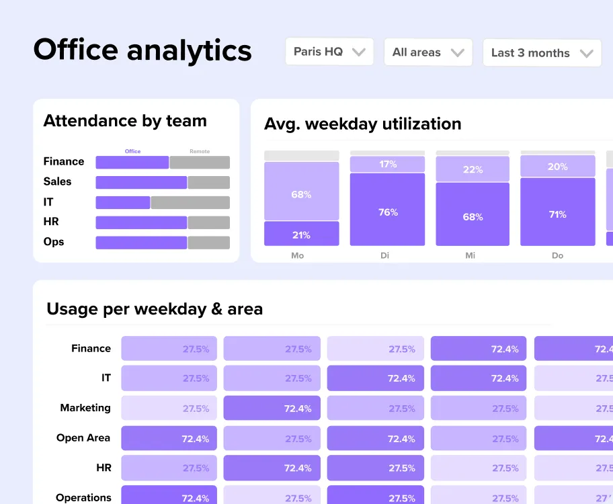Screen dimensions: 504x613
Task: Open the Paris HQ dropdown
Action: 329,52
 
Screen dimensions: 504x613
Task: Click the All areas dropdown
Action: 427,52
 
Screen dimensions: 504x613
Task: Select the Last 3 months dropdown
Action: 541,53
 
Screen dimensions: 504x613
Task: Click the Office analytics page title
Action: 142,50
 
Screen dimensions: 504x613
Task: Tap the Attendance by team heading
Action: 125,121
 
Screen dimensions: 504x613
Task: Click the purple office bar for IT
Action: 123,202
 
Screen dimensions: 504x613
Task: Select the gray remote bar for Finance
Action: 199,162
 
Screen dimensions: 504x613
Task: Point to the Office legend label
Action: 132,151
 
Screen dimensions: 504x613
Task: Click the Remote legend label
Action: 199,151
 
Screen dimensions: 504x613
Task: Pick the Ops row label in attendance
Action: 54,242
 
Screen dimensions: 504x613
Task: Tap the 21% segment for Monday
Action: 301,234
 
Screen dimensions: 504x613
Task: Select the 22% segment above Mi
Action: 473,169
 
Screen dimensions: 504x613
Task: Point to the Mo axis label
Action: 297,256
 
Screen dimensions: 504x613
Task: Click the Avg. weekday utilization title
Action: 362,124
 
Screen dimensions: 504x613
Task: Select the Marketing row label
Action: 85,408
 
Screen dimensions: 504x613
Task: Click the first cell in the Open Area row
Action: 169,438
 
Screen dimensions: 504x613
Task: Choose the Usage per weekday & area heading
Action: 155,309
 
